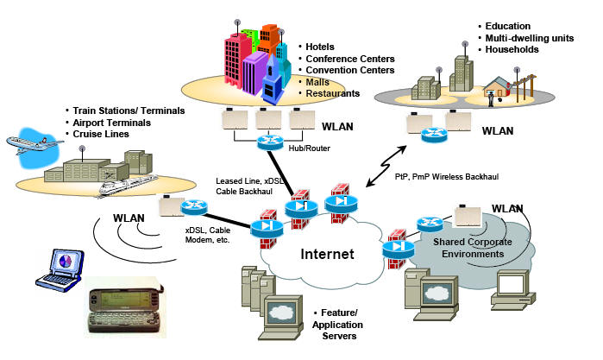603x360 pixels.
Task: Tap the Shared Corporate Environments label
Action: pyautogui.click(x=469, y=248)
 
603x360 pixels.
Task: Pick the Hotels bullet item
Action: pyautogui.click(x=323, y=47)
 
